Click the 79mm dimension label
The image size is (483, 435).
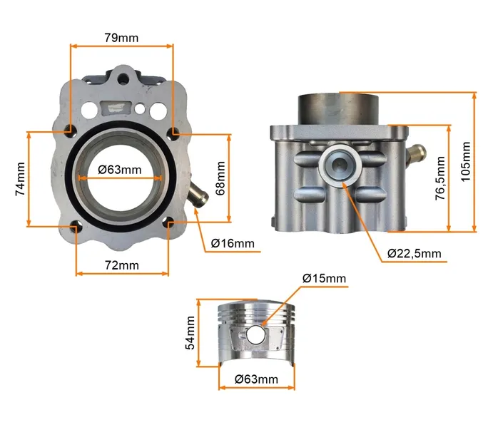[121, 38]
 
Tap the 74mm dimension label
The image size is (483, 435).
[20, 179]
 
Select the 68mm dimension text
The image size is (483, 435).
[220, 178]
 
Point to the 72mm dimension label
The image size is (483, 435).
[122, 265]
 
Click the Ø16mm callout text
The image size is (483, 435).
[233, 243]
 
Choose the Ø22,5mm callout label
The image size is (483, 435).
[415, 253]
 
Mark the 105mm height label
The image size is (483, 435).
[465, 162]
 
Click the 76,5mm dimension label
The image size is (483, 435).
[440, 178]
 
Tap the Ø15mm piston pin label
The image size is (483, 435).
[324, 278]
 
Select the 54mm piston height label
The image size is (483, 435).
[190, 333]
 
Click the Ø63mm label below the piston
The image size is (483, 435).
[256, 379]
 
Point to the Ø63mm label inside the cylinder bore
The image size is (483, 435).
[120, 170]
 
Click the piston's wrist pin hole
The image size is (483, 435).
[255, 334]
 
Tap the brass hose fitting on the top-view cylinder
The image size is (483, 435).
[198, 195]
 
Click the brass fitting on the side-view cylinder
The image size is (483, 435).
[417, 153]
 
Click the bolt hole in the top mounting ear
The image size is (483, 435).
[124, 77]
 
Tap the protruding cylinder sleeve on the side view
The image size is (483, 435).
[338, 108]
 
